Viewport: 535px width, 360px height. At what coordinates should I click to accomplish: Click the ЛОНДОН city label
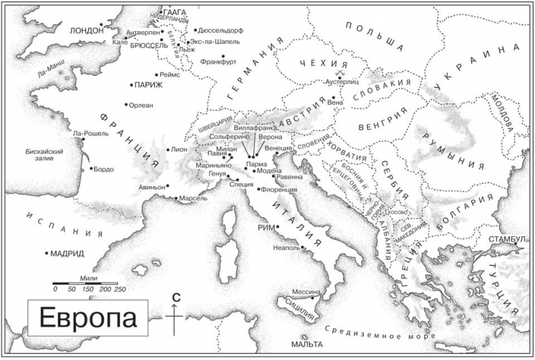(x=87, y=30)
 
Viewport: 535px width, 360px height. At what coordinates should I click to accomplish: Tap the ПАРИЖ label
(x=149, y=85)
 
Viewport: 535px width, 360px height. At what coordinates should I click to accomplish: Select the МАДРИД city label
(x=68, y=254)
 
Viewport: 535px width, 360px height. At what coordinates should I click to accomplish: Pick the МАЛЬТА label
(x=305, y=344)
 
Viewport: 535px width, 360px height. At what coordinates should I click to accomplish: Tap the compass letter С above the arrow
(x=175, y=297)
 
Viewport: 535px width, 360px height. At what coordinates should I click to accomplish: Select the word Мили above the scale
(x=89, y=277)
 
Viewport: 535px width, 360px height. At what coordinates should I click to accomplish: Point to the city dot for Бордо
(x=91, y=168)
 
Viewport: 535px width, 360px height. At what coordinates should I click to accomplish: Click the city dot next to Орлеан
(x=127, y=104)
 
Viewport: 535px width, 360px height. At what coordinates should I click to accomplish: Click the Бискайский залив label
(x=43, y=155)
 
